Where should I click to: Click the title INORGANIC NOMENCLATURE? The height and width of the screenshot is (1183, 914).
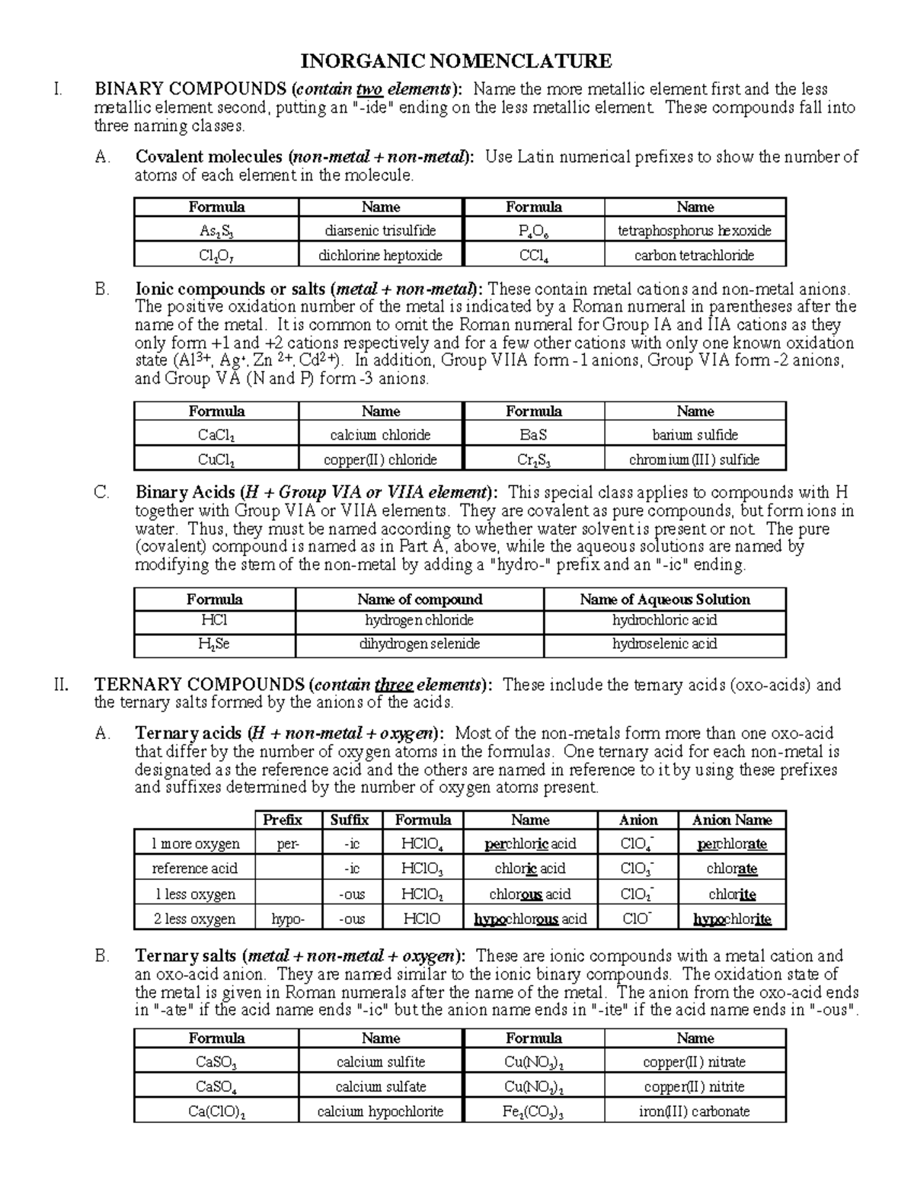tap(456, 61)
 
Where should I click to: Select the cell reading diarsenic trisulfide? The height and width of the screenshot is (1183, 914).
tap(381, 231)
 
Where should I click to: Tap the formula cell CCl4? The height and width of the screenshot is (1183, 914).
tap(533, 255)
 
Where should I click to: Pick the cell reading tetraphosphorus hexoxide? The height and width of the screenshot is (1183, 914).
tap(695, 231)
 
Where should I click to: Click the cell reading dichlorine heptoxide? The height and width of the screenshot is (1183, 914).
tap(381, 255)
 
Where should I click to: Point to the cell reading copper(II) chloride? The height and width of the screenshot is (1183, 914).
tap(381, 459)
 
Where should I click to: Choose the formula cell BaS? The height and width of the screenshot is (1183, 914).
tap(533, 435)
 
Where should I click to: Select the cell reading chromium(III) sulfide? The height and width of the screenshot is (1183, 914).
tap(695, 459)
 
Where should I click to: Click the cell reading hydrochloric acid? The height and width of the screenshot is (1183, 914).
tap(664, 620)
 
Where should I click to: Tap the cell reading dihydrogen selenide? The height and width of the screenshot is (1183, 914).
tap(420, 644)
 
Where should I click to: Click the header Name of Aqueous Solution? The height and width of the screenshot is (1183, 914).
tap(664, 599)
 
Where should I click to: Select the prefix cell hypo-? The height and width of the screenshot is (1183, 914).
tap(288, 919)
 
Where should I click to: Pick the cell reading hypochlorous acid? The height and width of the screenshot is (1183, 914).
tap(530, 919)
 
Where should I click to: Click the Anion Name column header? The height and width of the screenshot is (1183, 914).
tap(731, 820)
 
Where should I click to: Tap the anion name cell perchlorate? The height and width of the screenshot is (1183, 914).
tap(731, 844)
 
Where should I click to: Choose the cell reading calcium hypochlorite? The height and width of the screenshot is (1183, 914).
tap(381, 1111)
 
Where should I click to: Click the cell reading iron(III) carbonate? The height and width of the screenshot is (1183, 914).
tap(695, 1111)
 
